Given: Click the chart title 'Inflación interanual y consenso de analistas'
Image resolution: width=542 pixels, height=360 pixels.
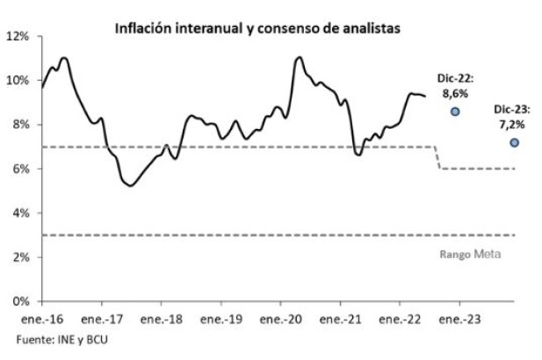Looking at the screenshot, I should tap(257, 28).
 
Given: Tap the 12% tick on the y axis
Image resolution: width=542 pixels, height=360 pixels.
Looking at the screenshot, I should tap(19, 36).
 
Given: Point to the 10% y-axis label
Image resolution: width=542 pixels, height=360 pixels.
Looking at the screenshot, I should tap(19, 81).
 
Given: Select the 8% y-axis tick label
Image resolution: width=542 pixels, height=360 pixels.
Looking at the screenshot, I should tap(22, 125).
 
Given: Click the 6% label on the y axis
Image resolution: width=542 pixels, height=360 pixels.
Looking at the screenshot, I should tap(22, 169).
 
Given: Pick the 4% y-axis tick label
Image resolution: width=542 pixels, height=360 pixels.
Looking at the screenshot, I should tap(22, 213).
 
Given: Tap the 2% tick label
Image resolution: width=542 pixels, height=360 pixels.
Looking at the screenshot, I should tap(22, 257).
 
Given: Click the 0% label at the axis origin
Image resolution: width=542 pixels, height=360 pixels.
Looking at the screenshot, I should tap(22, 301).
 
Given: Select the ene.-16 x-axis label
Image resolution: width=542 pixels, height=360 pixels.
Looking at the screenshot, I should tap(44, 319).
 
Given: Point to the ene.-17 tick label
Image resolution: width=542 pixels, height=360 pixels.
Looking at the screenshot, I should tap(104, 319).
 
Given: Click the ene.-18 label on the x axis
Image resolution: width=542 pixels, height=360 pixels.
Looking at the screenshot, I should tap(163, 319).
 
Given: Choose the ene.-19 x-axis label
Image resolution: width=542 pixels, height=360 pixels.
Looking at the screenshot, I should tap(222, 319).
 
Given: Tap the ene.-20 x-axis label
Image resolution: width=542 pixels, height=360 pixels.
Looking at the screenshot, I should tap(282, 319).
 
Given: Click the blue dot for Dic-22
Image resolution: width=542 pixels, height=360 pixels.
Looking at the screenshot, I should tap(455, 112).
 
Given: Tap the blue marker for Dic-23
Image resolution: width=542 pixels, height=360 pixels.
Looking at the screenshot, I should tap(514, 142).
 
